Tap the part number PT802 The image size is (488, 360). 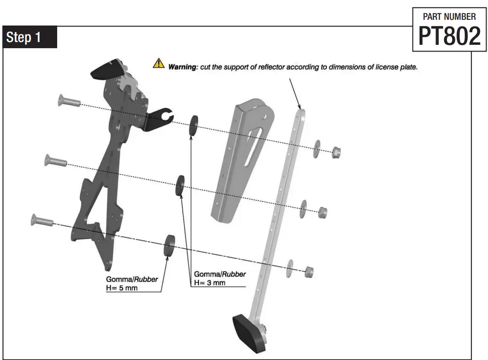point(449,36)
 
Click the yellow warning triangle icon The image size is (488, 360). point(158,63)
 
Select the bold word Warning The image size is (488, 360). point(182,67)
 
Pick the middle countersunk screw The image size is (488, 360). point(55,161)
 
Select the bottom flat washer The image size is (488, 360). point(290,268)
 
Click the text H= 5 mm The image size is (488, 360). point(122,288)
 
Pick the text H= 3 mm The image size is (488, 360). point(210,283)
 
